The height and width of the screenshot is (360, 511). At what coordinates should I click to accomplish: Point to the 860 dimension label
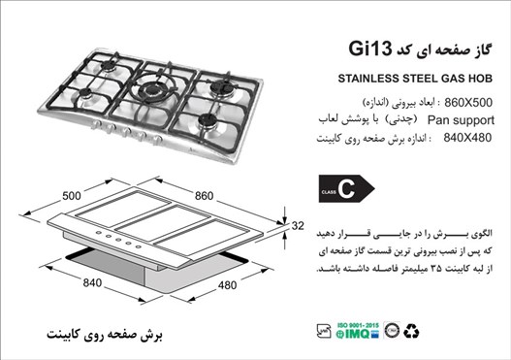(204, 196)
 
